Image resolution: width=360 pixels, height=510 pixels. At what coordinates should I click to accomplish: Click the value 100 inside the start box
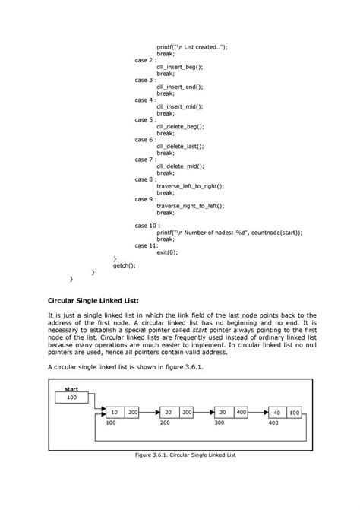[71, 398]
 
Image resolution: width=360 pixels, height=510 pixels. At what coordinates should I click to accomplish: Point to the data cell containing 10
[114, 412]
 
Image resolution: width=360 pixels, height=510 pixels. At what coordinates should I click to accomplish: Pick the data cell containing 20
[168, 412]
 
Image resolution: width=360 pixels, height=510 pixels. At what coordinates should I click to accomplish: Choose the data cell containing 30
[223, 412]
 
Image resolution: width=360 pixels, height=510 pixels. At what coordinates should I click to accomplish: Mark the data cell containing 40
[276, 412]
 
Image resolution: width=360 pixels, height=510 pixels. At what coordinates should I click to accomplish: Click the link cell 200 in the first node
[133, 412]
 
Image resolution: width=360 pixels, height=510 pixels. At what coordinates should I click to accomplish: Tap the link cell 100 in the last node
[294, 412]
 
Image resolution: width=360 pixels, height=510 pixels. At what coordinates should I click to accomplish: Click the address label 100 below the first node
[112, 422]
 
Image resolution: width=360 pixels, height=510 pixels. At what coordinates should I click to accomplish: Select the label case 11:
[147, 245]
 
